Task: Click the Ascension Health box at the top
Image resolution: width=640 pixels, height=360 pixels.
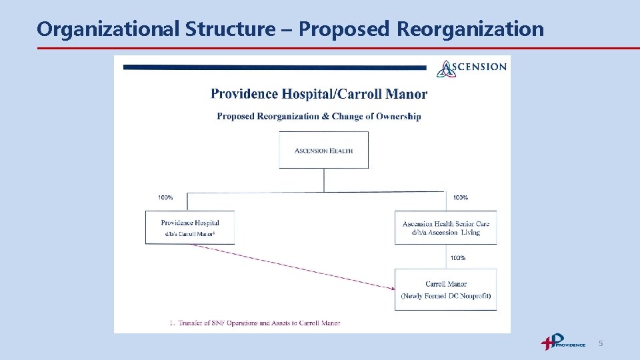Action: click(323, 150)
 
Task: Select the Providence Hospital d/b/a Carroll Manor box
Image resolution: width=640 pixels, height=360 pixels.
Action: click(190, 227)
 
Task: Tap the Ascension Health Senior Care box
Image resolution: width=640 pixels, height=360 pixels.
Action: click(445, 228)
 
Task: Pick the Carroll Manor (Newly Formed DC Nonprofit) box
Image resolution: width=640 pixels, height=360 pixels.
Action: click(445, 289)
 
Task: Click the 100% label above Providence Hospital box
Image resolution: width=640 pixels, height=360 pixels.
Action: click(165, 197)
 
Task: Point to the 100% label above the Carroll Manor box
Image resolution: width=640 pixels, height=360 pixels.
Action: click(458, 257)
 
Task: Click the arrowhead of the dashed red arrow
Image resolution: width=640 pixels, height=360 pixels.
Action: click(391, 288)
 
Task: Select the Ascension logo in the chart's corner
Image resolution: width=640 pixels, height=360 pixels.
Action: click(471, 67)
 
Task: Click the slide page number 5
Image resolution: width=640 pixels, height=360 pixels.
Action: click(601, 343)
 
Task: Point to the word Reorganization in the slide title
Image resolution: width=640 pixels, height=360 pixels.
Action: click(470, 29)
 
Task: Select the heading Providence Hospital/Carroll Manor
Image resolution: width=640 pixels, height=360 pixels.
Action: click(319, 94)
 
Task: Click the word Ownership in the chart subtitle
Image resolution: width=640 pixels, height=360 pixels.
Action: click(399, 116)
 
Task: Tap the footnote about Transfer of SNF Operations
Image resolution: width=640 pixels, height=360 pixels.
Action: click(255, 323)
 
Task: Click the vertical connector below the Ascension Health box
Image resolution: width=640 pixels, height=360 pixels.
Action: click(324, 180)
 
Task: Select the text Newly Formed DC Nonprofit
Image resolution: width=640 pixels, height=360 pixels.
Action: click(445, 296)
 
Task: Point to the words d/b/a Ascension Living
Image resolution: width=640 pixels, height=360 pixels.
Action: click(445, 233)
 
